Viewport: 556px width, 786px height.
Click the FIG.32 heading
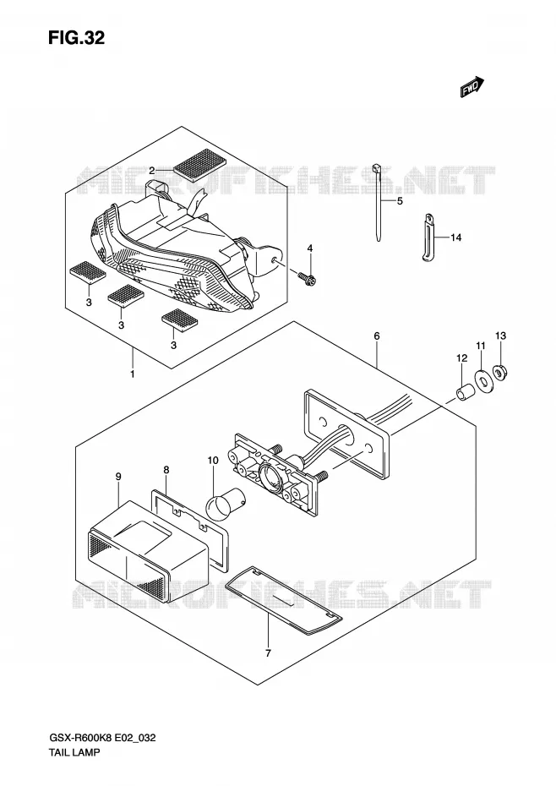point(76,37)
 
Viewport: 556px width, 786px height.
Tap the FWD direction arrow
point(472,87)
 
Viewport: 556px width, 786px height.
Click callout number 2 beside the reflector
point(151,172)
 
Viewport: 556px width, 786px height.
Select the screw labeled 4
point(306,278)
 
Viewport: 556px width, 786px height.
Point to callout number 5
point(400,201)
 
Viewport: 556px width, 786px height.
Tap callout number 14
point(455,237)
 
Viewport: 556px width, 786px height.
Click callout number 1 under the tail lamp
point(133,374)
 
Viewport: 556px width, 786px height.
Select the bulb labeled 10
point(226,503)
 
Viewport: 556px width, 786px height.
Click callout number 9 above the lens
point(118,477)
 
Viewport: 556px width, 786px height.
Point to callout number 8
point(166,470)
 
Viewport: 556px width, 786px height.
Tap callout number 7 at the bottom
point(268,653)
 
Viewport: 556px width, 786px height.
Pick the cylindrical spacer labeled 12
point(463,392)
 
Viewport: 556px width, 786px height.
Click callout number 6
point(377,336)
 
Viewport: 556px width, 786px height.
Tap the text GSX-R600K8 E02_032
point(101,738)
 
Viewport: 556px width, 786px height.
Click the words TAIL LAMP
point(74,752)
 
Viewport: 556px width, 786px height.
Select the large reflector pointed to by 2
point(200,163)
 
